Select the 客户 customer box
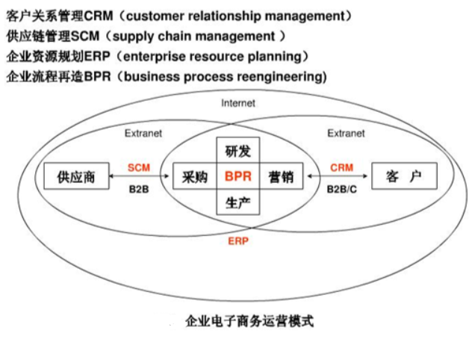tap(404, 177)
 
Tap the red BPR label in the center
tap(238, 177)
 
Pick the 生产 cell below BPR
tap(238, 202)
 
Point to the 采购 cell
tap(194, 177)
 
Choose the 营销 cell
tap(281, 177)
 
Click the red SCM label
tap(139, 167)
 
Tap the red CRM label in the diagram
tap(341, 167)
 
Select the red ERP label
tap(238, 241)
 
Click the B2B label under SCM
tap(139, 190)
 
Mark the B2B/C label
tap(341, 190)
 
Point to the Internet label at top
tap(238, 103)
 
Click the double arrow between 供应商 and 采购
tap(139, 178)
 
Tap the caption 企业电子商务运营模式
tap(249, 321)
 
